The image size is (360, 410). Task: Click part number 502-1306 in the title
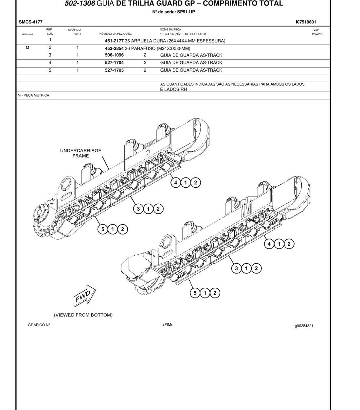pyautogui.click(x=80, y=3)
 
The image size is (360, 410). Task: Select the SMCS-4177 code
pyautogui.click(x=30, y=22)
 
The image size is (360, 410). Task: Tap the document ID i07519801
pyautogui.click(x=306, y=22)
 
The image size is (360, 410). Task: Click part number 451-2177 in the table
pyautogui.click(x=114, y=41)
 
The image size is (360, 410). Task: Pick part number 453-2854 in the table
pyautogui.click(x=114, y=49)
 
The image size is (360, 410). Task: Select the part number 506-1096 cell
pyautogui.click(x=114, y=55)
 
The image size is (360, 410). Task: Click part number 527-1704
pyautogui.click(x=114, y=62)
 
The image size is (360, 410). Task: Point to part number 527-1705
pyautogui.click(x=114, y=70)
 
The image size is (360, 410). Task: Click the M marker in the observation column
pyautogui.click(x=27, y=47)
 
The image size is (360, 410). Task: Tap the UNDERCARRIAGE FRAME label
pyautogui.click(x=81, y=153)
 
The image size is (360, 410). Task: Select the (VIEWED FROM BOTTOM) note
pyautogui.click(x=83, y=315)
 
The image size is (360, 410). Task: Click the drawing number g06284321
pyautogui.click(x=304, y=326)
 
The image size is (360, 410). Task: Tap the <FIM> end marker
pyautogui.click(x=168, y=325)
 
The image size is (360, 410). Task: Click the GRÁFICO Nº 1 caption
pyautogui.click(x=40, y=325)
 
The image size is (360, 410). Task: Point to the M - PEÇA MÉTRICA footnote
pyautogui.click(x=33, y=95)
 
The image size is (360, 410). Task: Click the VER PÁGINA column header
pyautogui.click(x=317, y=32)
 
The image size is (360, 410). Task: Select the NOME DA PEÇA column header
pyautogui.click(x=170, y=29)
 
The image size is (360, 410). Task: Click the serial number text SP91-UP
pyautogui.click(x=186, y=12)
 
